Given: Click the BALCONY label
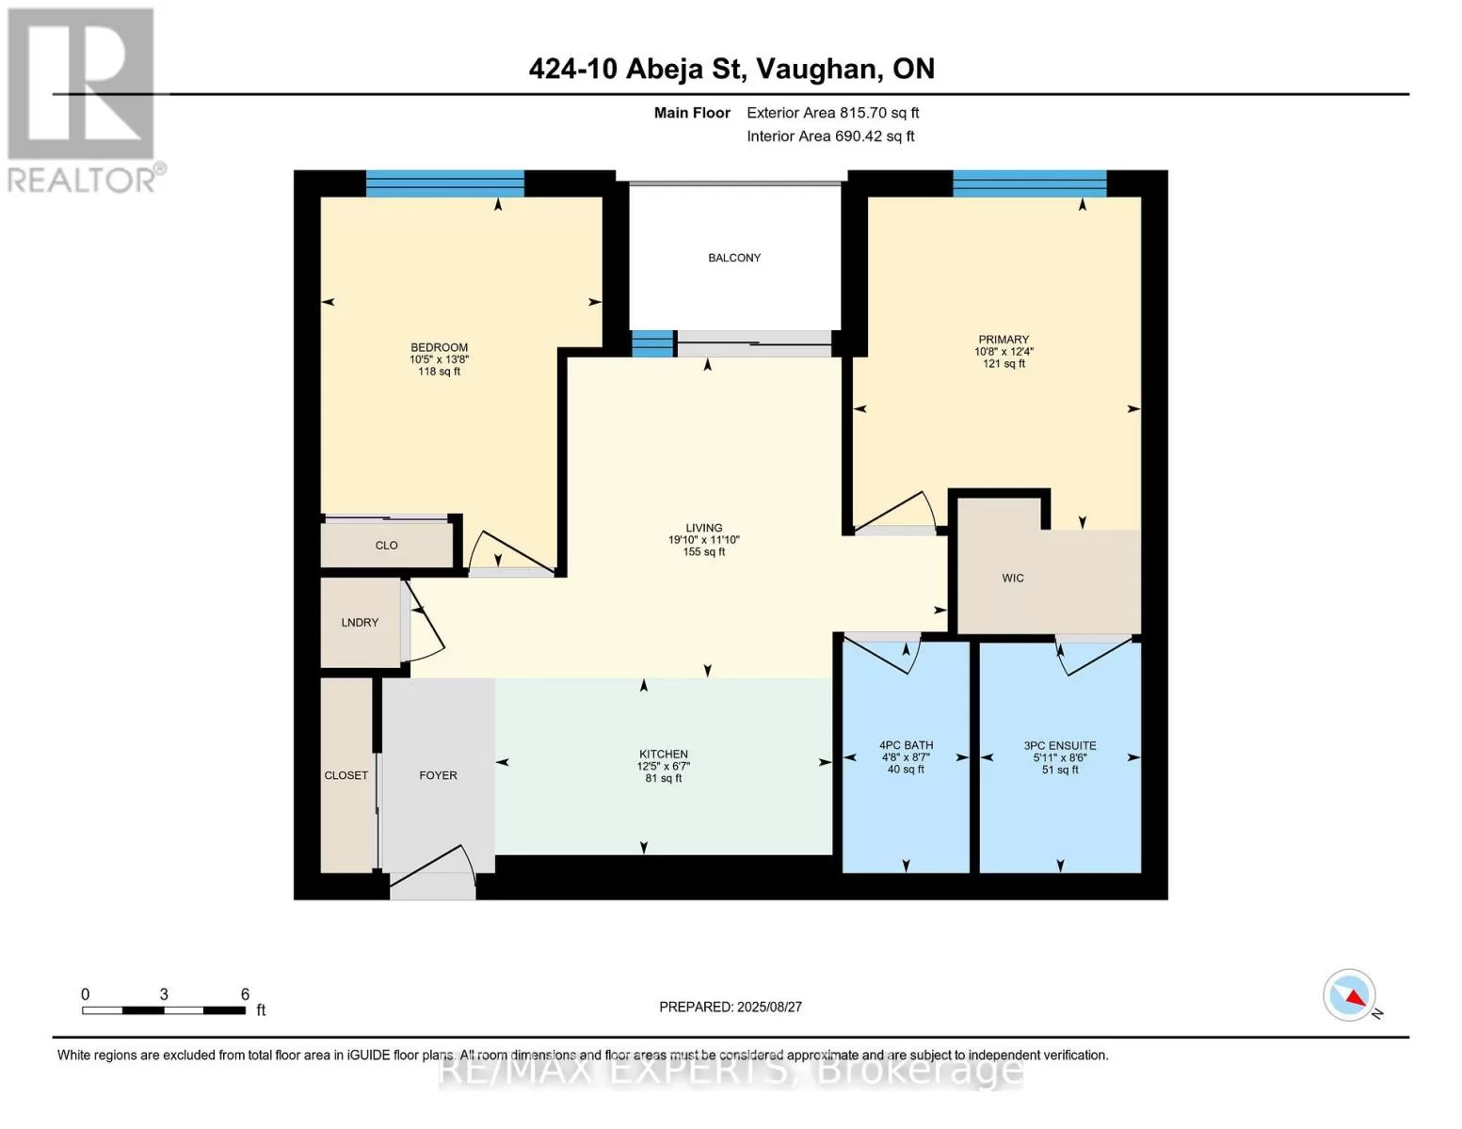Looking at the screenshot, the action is pos(734,258).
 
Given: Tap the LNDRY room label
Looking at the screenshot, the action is pos(360,623).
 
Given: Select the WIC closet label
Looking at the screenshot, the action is pos(1013,579).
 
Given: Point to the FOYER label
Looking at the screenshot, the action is pos(438,775).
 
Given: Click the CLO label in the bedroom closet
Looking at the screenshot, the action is pos(386,546).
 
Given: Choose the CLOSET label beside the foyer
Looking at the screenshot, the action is pos(345,775).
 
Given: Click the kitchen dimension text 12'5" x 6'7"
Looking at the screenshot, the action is pos(664,767).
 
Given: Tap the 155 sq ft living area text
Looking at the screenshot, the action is pos(704,552).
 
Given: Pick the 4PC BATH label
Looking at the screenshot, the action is pos(906,745).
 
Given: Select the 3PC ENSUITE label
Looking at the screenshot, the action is pos(1060,746).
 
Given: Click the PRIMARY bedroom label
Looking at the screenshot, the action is pos(1004,340).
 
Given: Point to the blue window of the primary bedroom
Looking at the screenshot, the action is pos(1029,183).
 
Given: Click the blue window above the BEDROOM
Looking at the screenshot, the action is pos(444,183).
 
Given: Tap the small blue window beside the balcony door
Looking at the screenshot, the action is pos(652,343).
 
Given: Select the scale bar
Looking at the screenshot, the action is pos(164,1010).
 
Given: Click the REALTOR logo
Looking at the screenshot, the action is pos(84,101).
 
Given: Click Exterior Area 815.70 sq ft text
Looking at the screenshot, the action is pos(833,113).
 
